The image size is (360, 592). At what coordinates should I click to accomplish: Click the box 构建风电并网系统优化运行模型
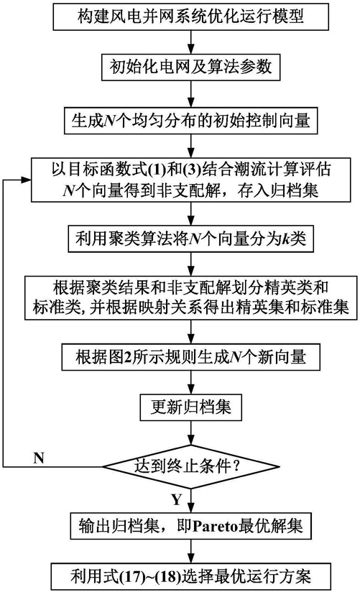[190, 17]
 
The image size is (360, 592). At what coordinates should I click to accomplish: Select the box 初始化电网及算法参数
[190, 67]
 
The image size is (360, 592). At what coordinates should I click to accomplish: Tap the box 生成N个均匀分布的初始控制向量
[190, 121]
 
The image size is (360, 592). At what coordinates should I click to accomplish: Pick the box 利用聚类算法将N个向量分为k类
[190, 239]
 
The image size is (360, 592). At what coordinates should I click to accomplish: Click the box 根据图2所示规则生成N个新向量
[190, 357]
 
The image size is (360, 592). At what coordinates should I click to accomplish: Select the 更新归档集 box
[190, 407]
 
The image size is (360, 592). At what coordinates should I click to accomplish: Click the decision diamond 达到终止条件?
[190, 467]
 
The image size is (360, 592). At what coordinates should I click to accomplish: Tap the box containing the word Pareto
[190, 526]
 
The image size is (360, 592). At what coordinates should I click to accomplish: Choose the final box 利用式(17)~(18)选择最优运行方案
[190, 577]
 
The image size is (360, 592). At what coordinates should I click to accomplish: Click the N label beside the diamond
[39, 458]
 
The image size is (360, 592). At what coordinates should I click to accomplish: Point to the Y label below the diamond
[177, 499]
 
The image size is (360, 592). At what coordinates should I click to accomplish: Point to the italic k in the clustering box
[286, 239]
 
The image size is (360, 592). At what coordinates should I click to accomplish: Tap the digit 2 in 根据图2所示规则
[127, 357]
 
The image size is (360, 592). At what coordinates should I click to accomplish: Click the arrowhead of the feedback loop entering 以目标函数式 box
[27, 180]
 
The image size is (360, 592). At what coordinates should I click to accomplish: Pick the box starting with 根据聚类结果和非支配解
[190, 298]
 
